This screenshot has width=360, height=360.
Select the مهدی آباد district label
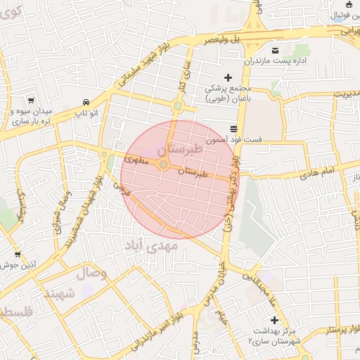pyautogui.click(x=151, y=245)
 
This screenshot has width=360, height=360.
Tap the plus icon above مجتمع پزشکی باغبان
pyautogui.click(x=227, y=77)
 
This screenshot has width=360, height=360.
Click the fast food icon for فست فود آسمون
pyautogui.click(x=233, y=128)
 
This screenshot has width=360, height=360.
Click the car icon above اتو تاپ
pyautogui.click(x=86, y=102)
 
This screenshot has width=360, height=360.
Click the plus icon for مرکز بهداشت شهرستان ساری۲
pyautogui.click(x=274, y=320)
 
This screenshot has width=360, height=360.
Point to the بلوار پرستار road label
pyautogui.click(x=338, y=329)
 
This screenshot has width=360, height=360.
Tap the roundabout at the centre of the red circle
pyautogui.click(x=163, y=165)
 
